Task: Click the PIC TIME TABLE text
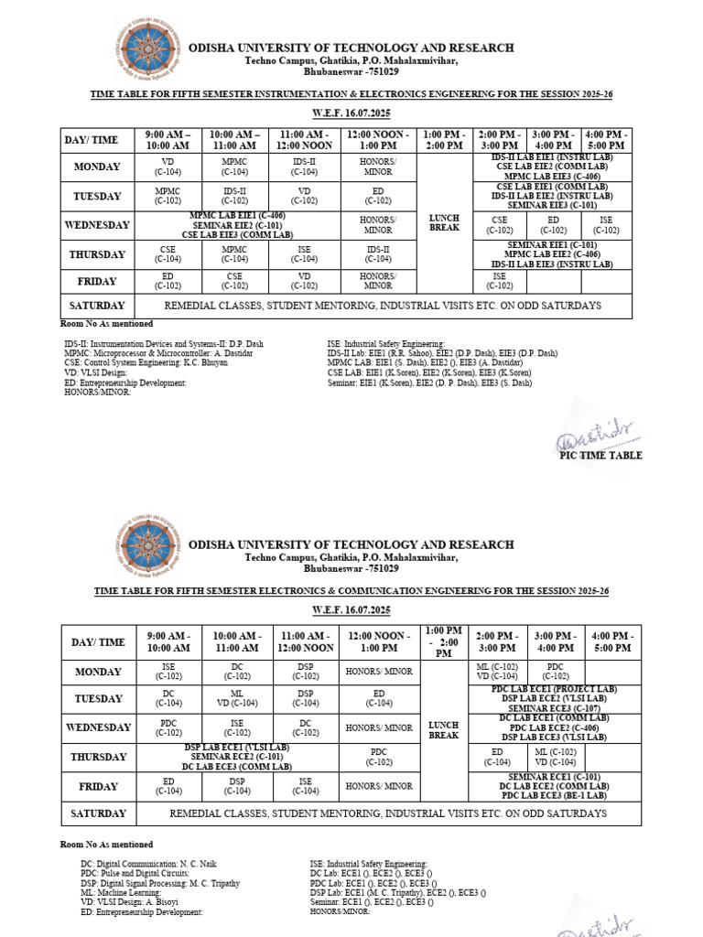coord(600,456)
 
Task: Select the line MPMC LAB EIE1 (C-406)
coord(237,216)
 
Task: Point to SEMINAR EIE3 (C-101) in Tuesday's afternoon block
coord(551,205)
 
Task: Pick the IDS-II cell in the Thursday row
coord(378,254)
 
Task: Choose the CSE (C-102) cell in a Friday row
coord(235,280)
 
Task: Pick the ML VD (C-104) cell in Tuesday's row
coord(236,699)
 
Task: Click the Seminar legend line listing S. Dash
coord(429,383)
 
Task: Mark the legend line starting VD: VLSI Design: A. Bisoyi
coord(134,903)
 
